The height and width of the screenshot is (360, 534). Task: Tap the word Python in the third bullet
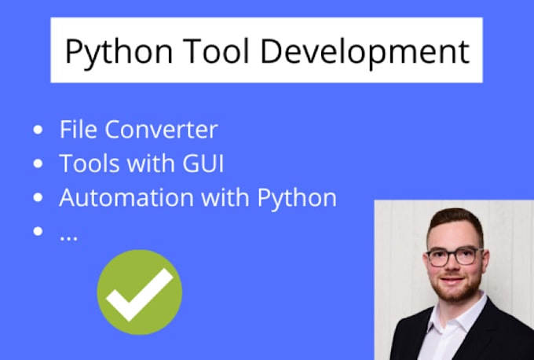pyautogui.click(x=296, y=197)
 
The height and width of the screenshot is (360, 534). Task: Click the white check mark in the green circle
pyautogui.click(x=140, y=292)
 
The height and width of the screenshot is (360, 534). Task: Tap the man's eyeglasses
pyautogui.click(x=455, y=256)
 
